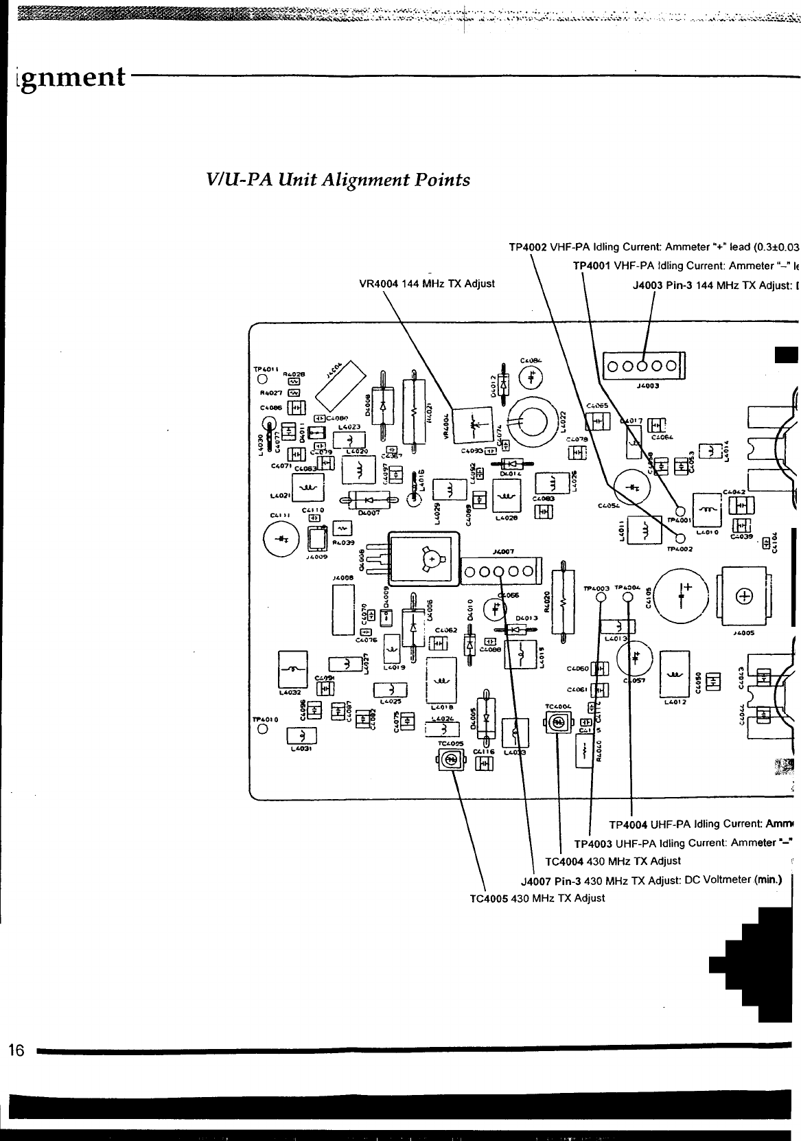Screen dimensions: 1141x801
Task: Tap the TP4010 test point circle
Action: tap(262, 729)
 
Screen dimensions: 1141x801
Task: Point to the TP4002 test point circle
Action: tap(680, 538)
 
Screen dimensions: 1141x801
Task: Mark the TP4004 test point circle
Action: tap(628, 597)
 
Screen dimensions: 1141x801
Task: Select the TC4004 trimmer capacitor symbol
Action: tap(559, 723)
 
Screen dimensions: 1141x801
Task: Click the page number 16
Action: tap(15, 1050)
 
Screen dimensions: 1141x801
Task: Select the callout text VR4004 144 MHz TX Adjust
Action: tap(427, 284)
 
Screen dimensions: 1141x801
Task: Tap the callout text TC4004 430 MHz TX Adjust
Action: tap(612, 861)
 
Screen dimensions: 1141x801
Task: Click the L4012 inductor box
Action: tap(675, 674)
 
